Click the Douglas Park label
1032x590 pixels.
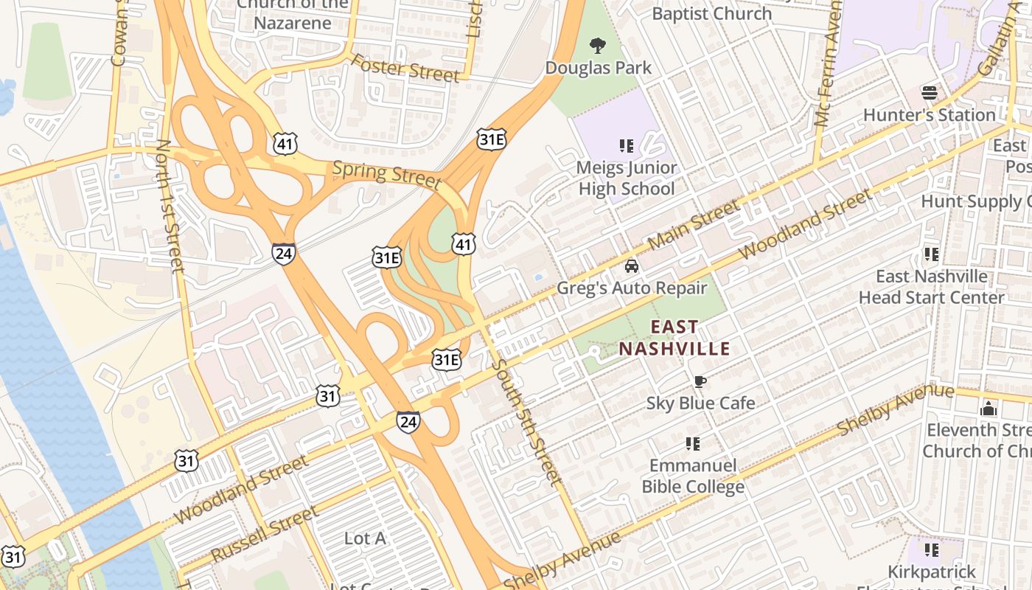[x=598, y=68]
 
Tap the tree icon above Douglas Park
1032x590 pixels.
[x=597, y=46]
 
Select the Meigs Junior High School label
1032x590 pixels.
[x=626, y=178]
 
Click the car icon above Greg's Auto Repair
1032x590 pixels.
[x=631, y=266]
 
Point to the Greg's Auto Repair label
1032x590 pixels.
[x=631, y=288]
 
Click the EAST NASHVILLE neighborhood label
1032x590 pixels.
[x=674, y=338]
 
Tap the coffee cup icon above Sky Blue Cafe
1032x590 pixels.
[x=700, y=381]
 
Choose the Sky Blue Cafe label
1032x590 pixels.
[x=700, y=403]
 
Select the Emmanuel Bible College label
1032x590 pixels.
[x=692, y=476]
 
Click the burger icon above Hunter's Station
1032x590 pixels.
[x=929, y=93]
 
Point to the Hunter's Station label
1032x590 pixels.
[x=929, y=115]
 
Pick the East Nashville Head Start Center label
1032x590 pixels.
[x=931, y=287]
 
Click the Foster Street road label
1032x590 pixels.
[x=405, y=68]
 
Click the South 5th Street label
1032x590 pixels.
[x=526, y=422]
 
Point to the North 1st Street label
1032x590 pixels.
[x=170, y=206]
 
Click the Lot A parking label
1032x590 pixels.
[x=365, y=538]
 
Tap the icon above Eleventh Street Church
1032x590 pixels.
[x=989, y=409]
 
